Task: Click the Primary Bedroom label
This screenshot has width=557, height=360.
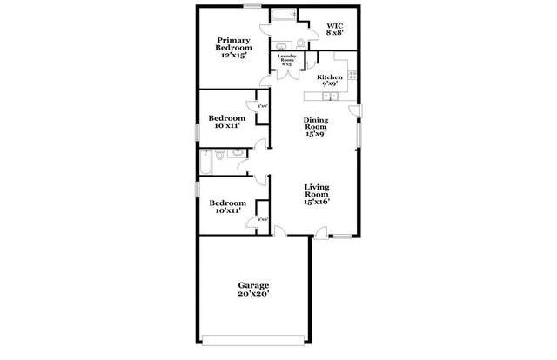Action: (233, 46)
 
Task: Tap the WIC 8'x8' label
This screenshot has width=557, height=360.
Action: (334, 29)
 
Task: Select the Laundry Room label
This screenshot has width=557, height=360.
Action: (287, 59)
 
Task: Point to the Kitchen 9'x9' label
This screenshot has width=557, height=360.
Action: (330, 81)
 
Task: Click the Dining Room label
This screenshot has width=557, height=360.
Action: (315, 128)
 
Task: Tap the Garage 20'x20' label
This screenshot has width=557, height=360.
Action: (254, 290)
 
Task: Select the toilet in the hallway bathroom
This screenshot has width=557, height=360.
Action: (221, 156)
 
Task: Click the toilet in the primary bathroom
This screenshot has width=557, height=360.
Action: (299, 43)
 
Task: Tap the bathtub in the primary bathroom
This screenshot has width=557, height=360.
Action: (285, 16)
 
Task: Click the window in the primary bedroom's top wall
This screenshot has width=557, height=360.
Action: (252, 7)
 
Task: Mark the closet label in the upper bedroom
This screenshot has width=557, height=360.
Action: (262, 107)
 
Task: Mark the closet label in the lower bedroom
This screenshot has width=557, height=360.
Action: (262, 220)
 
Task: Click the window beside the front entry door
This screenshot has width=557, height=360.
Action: (344, 237)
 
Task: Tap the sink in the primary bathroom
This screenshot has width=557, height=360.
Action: (281, 43)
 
